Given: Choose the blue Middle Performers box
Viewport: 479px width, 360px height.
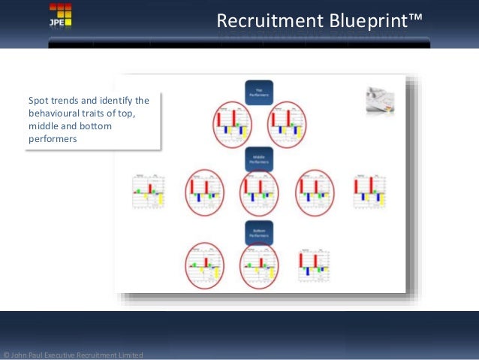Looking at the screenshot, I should (x=259, y=159).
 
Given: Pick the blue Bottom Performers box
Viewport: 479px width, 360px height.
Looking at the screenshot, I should (x=259, y=231).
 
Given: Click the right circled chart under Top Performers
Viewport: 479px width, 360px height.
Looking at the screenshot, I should (x=287, y=123).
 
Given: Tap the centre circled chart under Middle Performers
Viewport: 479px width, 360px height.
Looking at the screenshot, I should (x=259, y=193).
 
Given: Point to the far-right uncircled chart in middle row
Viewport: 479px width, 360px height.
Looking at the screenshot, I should (x=369, y=192).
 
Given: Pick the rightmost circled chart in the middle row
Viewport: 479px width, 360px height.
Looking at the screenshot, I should (x=315, y=193).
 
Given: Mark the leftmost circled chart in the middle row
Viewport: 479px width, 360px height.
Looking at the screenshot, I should (x=204, y=193).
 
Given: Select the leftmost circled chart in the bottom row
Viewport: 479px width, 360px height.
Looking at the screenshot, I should (x=204, y=265).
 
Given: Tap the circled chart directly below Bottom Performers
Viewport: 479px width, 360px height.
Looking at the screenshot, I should (x=259, y=265).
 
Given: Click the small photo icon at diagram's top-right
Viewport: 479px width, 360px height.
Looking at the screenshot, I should (x=380, y=101).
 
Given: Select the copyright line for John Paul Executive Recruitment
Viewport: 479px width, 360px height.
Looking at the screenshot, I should (x=73, y=355).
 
